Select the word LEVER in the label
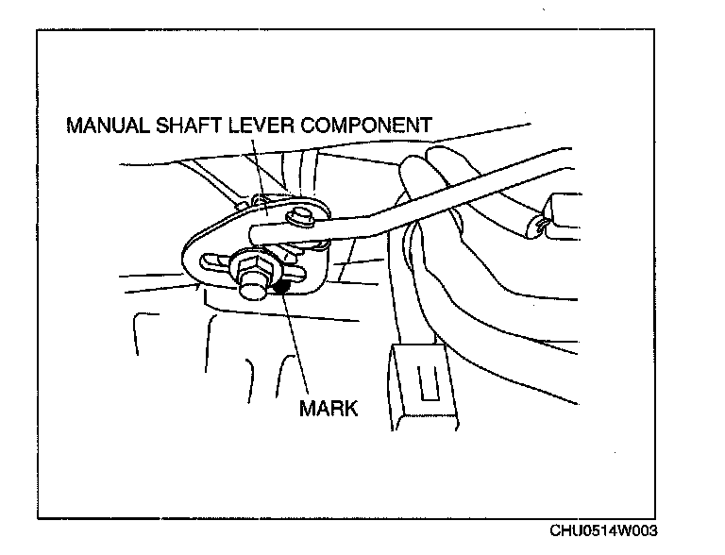pos(260,126)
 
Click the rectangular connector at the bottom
pos(419,387)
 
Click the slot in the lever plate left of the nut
pos(212,263)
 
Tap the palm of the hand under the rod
pos(472,283)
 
